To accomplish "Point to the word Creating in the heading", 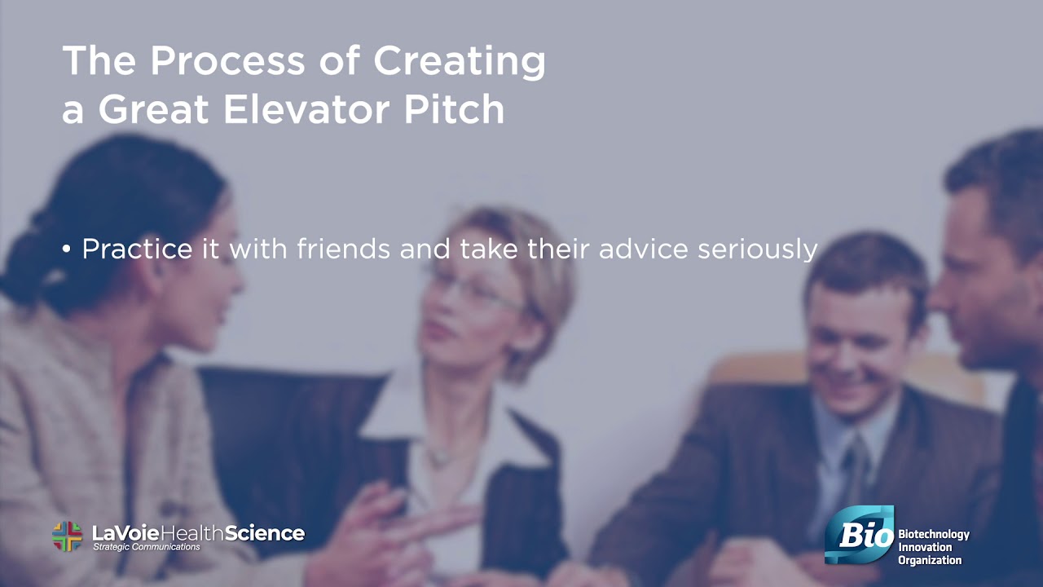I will pyautogui.click(x=460, y=62).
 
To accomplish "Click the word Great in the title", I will pyautogui.click(x=153, y=109).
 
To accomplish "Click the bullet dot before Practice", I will pyautogui.click(x=67, y=249).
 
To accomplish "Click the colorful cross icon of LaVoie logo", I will pyautogui.click(x=68, y=536).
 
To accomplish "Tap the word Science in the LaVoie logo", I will pyautogui.click(x=265, y=533).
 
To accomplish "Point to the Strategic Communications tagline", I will pyautogui.click(x=146, y=547).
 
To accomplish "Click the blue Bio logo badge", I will pyautogui.click(x=859, y=535).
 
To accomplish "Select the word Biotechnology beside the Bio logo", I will pyautogui.click(x=934, y=535).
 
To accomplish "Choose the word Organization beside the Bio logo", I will pyautogui.click(x=930, y=560).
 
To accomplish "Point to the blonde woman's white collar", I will pyautogui.click(x=391, y=408).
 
